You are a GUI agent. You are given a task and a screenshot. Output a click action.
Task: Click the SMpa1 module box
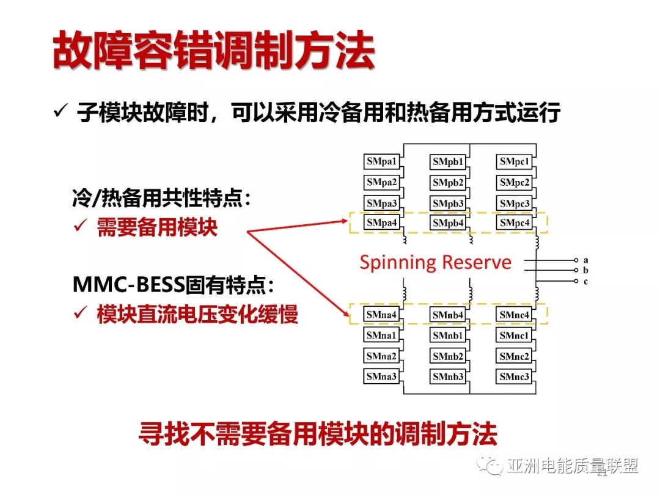tap(381, 161)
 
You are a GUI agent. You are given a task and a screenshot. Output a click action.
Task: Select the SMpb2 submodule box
tap(448, 183)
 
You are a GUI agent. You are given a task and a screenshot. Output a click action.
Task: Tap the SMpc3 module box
tap(515, 204)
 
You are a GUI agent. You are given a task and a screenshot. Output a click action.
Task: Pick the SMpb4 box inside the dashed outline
tap(448, 222)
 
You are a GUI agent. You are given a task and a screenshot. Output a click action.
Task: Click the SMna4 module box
tap(381, 315)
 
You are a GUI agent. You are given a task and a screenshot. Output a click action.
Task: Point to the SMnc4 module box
tap(514, 315)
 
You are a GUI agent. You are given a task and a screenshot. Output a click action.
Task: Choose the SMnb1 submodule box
tap(448, 335)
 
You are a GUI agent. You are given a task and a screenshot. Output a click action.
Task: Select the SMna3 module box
tap(381, 376)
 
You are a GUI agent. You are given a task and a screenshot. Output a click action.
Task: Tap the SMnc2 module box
tap(514, 356)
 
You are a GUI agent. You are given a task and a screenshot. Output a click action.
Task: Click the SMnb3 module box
tap(448, 376)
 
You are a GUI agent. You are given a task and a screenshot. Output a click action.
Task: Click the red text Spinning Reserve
tap(435, 262)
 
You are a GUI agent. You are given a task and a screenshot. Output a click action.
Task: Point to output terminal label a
tap(585, 260)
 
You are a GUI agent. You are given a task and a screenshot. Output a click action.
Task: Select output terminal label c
tap(585, 281)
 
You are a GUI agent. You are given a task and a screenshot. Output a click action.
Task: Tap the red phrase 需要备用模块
tap(157, 227)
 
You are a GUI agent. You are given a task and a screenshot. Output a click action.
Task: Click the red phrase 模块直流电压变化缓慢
tap(197, 314)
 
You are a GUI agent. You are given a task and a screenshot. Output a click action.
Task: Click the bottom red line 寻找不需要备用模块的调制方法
tap(318, 433)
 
